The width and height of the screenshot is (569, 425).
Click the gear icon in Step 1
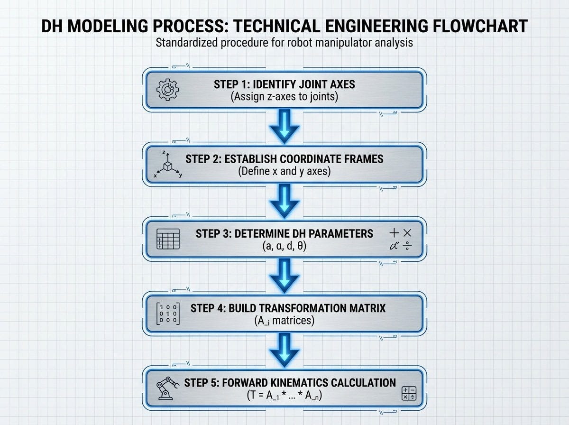click(167, 90)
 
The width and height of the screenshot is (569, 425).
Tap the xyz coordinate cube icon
click(167, 165)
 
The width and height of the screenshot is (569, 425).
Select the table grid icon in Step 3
click(168, 239)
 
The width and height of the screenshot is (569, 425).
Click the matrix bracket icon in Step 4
click(168, 314)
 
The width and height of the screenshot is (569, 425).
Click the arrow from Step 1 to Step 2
click(284, 127)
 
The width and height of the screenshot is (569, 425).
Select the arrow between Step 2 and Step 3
click(284, 202)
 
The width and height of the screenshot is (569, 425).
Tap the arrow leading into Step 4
click(284, 276)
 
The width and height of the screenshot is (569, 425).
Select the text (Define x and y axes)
click(284, 171)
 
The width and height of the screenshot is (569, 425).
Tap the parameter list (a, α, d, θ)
click(284, 246)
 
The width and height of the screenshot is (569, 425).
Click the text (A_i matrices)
click(284, 321)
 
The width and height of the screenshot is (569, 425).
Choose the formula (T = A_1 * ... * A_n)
click(284, 395)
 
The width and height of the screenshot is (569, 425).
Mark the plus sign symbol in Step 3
click(395, 233)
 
